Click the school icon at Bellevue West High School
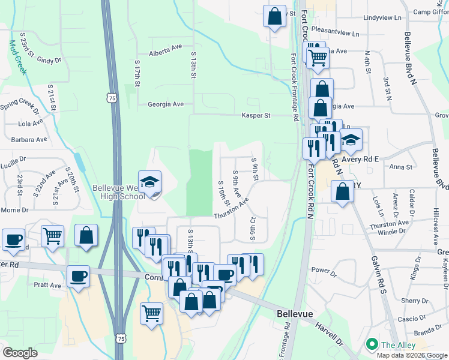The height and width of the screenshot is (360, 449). coord(150,181)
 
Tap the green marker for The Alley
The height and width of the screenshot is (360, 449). coord(372,344)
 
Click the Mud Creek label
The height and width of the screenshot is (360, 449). coord(17,57)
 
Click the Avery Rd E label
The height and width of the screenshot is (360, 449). coord(360,159)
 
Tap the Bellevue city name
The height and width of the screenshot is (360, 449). coord(297,314)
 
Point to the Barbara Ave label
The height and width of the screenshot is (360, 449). coord(29,139)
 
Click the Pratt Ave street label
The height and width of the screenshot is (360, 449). coord(47,285)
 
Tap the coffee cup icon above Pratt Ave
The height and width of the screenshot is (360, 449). coord(78,277)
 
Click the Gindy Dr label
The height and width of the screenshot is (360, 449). coord(49,60)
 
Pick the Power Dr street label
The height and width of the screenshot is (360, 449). coord(324,271)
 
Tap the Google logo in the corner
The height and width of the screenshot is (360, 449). coord(20,353)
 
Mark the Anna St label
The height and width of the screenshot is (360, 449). coord(401,167)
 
